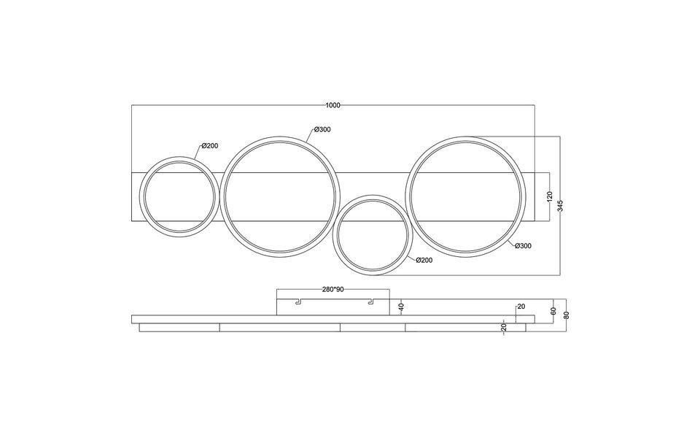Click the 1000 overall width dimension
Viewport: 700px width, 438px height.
click(x=333, y=106)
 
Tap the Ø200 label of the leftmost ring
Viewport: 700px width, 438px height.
click(x=209, y=146)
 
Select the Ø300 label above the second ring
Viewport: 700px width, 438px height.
click(x=322, y=130)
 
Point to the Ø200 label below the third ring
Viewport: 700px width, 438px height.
click(x=424, y=261)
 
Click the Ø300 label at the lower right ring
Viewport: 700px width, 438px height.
click(x=523, y=246)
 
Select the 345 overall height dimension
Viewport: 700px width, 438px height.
click(x=560, y=205)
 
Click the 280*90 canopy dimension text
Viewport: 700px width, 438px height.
click(x=333, y=289)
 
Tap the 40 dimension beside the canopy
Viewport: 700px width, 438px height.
click(x=401, y=307)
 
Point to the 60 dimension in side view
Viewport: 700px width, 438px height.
click(x=553, y=311)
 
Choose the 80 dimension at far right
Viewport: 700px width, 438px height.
click(x=567, y=315)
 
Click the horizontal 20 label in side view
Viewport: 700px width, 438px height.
click(x=521, y=307)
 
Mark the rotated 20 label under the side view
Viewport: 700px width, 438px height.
click(x=504, y=328)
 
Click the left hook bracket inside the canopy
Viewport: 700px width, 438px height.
click(x=297, y=301)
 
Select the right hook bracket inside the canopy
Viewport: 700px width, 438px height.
click(x=370, y=301)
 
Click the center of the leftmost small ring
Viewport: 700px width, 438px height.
click(x=179, y=196)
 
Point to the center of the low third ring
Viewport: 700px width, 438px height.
click(x=371, y=234)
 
